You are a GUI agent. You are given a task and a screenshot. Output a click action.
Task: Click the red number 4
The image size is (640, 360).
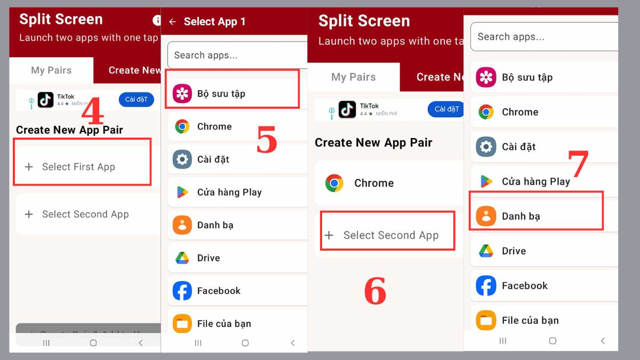(92, 112)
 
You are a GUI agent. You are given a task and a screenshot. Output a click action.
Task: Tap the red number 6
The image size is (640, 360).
(375, 292)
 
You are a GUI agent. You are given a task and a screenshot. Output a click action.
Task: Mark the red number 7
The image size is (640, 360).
(578, 164)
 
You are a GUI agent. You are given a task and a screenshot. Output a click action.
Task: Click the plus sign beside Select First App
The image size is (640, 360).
(29, 167)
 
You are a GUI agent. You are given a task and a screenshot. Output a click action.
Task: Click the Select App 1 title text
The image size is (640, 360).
(214, 22)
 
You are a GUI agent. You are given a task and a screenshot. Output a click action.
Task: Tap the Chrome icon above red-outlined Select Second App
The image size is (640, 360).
(334, 183)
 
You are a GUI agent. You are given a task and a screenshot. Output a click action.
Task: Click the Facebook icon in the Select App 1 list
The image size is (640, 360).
(182, 291)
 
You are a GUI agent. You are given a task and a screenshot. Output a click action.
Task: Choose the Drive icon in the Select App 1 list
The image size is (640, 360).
(182, 258)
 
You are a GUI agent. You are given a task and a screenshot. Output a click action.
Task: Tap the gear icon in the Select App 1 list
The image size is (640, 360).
(182, 159)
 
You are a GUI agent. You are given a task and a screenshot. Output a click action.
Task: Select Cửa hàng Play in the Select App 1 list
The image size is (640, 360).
(229, 193)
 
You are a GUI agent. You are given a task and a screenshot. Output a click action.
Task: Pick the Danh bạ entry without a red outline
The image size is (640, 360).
(215, 225)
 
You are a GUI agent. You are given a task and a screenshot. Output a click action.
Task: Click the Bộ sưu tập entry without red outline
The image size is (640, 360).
(527, 77)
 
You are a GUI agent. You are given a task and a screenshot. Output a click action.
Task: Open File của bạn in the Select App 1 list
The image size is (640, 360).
(224, 324)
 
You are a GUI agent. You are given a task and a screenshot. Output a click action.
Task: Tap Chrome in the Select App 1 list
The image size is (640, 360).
(214, 126)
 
